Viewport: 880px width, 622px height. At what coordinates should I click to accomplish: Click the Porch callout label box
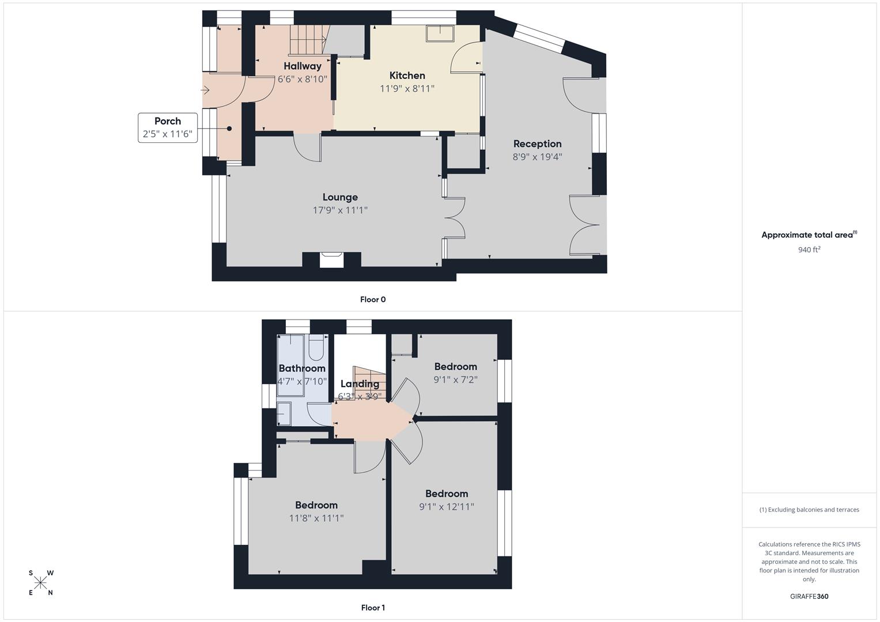[168, 128]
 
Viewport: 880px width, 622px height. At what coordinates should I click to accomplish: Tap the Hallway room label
[302, 66]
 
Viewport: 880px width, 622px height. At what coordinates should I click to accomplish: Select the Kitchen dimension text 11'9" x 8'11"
[407, 89]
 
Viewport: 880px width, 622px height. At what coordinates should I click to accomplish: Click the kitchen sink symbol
[440, 33]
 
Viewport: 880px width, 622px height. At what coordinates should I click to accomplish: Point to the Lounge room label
[340, 198]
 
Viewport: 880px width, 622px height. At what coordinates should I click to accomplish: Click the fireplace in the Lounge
[332, 260]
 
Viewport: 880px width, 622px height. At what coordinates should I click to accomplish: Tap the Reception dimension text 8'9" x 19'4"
[537, 157]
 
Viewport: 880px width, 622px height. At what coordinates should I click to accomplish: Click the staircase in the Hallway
[307, 40]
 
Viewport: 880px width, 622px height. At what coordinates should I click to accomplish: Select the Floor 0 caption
[373, 299]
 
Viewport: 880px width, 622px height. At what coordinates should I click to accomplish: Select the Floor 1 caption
[373, 608]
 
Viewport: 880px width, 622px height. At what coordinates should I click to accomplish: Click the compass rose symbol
[41, 583]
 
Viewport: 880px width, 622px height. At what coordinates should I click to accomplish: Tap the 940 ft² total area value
[809, 250]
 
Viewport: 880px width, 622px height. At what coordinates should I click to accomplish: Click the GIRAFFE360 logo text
[809, 597]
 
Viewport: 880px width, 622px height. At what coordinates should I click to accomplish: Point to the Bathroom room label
[302, 369]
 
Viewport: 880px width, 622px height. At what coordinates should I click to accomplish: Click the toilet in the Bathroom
[316, 348]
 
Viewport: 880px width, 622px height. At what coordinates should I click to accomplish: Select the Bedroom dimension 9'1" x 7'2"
[455, 380]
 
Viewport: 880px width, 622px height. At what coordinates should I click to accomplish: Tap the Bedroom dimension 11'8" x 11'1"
[316, 518]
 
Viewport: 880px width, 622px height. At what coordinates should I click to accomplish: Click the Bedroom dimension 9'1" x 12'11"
[447, 507]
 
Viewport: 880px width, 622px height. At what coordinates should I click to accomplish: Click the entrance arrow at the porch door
[206, 90]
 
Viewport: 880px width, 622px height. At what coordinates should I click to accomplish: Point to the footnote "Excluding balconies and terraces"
[809, 510]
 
